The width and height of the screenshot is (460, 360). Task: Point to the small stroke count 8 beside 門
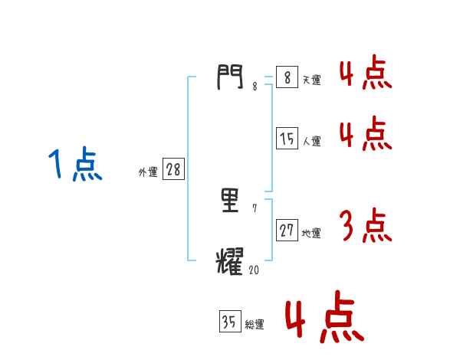255,87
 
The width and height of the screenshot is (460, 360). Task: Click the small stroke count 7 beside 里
255,209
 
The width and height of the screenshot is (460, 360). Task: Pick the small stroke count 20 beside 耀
254,270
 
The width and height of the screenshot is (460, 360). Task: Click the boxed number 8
286,77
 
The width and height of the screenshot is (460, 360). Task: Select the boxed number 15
287,139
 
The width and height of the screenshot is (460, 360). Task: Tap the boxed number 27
287,231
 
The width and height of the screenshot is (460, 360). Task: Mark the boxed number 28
173,170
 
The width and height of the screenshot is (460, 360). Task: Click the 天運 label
311,80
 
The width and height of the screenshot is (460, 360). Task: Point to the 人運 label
311,142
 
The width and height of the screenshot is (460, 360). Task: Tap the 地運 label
311,234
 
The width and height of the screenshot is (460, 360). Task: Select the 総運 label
255,326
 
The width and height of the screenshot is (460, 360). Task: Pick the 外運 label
147,173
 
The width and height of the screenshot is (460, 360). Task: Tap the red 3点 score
365,226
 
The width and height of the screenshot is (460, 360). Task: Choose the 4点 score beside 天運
365,73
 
